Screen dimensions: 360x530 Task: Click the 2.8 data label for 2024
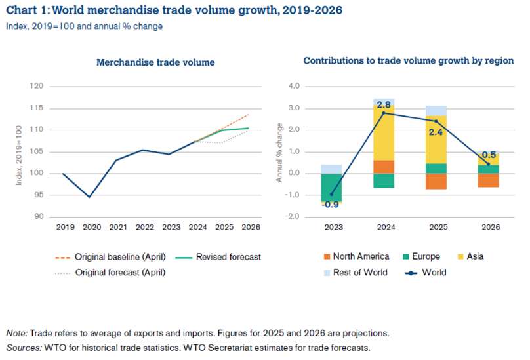[x=384, y=104]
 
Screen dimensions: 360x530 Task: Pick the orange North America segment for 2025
[x=436, y=181]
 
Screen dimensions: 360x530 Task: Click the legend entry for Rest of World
[x=360, y=272]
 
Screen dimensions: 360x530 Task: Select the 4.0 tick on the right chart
[x=293, y=86]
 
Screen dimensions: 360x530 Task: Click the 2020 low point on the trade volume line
[x=90, y=197]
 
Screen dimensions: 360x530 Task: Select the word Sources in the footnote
[x=22, y=347]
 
